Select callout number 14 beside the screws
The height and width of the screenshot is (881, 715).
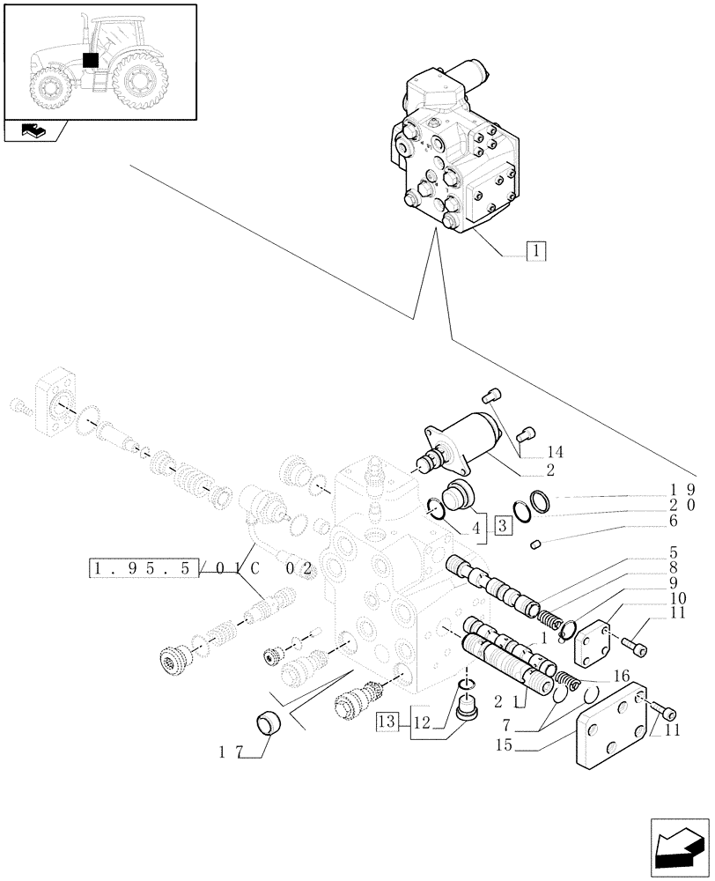point(555,452)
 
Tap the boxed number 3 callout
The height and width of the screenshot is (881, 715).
point(503,527)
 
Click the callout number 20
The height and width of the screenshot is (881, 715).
point(683,505)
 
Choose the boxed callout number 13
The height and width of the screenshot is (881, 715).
point(387,723)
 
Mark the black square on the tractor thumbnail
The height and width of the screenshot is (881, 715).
point(88,60)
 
